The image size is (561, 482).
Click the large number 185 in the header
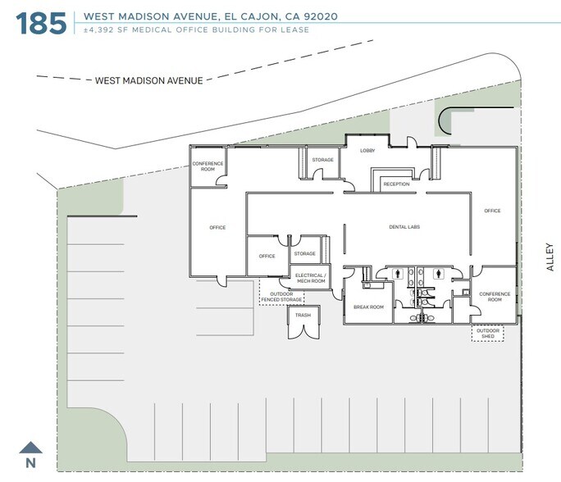click(x=41, y=21)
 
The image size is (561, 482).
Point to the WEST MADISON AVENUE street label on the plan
click(x=148, y=80)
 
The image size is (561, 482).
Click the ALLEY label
click(x=550, y=257)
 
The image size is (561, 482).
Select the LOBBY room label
click(x=367, y=151)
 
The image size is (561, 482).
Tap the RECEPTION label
click(x=396, y=184)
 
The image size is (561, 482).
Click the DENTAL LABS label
click(x=404, y=227)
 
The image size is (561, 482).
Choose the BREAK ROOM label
click(x=368, y=307)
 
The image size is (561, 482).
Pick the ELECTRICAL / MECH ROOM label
click(x=310, y=277)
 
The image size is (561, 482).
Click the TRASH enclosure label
click(x=303, y=315)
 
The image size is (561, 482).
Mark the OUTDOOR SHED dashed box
click(x=487, y=334)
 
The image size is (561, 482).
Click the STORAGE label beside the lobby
click(x=322, y=160)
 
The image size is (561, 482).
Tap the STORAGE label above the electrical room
click(x=305, y=254)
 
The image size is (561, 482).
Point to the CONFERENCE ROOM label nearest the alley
click(x=495, y=296)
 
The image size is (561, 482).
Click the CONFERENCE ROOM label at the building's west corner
click(x=208, y=166)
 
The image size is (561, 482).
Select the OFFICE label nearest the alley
click(x=492, y=211)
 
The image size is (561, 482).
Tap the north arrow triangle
click(x=31, y=448)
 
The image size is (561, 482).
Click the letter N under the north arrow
click(x=31, y=463)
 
